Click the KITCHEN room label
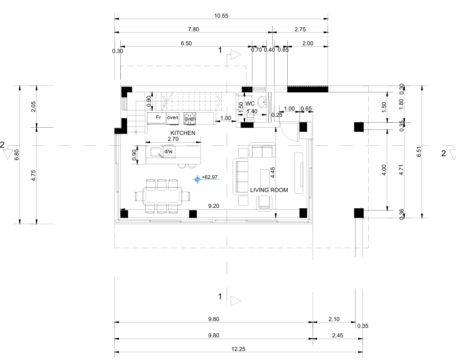183,133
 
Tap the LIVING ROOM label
269,190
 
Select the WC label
250,104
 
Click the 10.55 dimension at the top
221,16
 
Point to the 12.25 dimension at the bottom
238,349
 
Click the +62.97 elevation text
210,177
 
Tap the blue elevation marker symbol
197,179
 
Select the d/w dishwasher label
168,151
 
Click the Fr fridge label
158,117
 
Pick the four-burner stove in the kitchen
190,119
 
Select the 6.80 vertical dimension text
17,155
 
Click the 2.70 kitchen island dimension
173,139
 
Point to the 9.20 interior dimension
214,206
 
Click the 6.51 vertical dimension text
419,152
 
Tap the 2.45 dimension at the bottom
337,336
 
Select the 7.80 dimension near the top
194,29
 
